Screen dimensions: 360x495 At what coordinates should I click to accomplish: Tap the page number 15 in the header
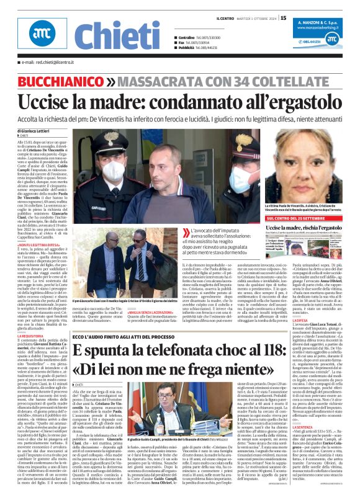(x=283, y=18)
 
